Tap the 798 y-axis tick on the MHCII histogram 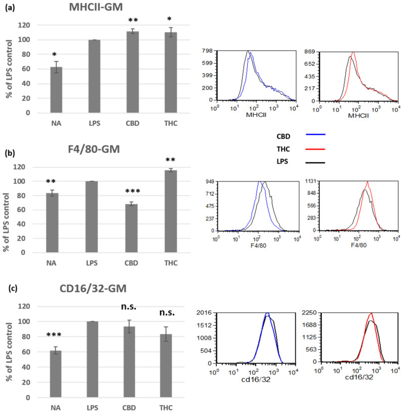(x=206, y=52)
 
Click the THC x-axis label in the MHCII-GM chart (x=171, y=122)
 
